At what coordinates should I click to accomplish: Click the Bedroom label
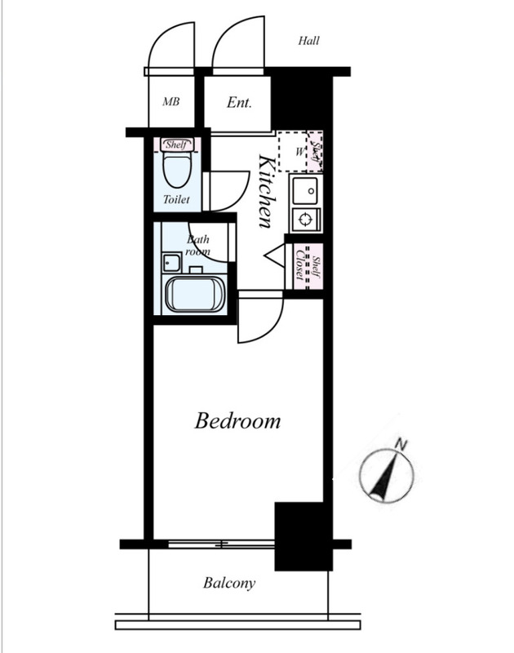pos(237,420)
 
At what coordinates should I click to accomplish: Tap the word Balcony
pos(229,583)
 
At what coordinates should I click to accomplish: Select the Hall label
pos(309,40)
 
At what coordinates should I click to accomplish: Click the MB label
pos(171,101)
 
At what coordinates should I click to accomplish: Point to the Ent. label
pos(239,102)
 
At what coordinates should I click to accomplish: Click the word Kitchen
pos(266,191)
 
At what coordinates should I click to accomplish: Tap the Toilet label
pos(176,199)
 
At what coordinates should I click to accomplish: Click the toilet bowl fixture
pos(177,170)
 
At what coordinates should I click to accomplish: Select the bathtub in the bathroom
pos(195,295)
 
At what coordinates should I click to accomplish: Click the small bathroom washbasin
pos(171,262)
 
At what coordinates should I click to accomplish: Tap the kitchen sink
pos(306,190)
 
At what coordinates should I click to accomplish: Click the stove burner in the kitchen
pos(305,219)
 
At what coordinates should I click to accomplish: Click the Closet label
pos(299,265)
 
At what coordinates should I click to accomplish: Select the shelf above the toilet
pos(176,144)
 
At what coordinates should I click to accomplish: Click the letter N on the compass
pos(401,444)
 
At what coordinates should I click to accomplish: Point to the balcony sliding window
pos(221,544)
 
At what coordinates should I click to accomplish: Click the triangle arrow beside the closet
pos(275,255)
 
